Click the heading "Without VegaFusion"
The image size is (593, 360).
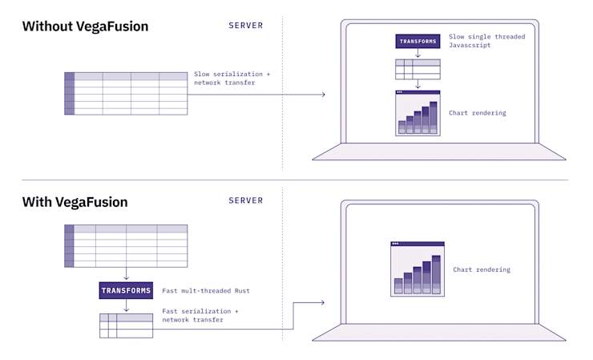point(85,26)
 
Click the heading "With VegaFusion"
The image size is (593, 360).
point(75,202)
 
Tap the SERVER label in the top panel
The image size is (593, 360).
point(245,26)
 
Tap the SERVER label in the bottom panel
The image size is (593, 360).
point(245,200)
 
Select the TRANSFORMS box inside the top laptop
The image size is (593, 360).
point(418,41)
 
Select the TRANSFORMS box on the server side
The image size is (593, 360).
point(126,290)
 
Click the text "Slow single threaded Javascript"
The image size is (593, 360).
point(481,41)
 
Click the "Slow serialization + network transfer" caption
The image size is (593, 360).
point(232,79)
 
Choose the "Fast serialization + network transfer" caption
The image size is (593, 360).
point(200,315)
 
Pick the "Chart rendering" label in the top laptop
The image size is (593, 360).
point(478,113)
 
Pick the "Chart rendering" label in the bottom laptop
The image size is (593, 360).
point(482,269)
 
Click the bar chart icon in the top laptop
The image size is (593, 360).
point(418,113)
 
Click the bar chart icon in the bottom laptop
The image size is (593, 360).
point(417,269)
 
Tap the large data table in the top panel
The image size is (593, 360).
point(126,93)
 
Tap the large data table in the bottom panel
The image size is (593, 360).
point(126,245)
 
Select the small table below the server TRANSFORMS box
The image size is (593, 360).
point(126,326)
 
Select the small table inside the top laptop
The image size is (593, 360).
point(418,69)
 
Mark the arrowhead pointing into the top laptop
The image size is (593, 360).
point(323,95)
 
